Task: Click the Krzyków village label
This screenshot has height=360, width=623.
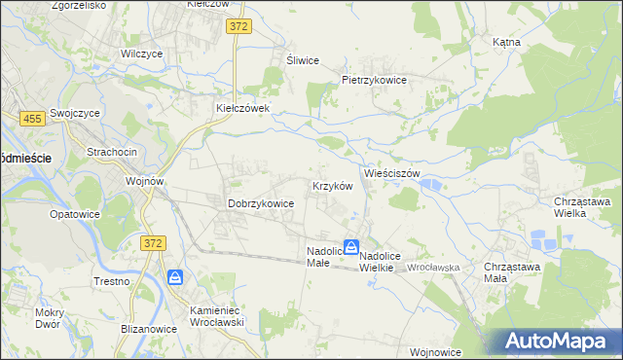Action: click(x=330, y=185)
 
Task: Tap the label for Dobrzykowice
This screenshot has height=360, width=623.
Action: click(x=261, y=204)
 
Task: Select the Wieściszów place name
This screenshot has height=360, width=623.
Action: click(x=391, y=173)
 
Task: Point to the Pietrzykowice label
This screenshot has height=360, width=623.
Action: click(x=373, y=80)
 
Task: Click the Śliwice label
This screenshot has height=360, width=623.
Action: click(x=303, y=60)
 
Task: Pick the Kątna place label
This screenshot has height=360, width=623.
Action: click(x=506, y=43)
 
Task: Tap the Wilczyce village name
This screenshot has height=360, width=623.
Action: click(x=140, y=54)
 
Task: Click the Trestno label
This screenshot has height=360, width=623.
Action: click(x=113, y=281)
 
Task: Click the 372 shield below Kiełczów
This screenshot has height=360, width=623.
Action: click(x=238, y=26)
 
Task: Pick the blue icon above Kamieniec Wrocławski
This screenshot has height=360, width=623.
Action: click(x=175, y=278)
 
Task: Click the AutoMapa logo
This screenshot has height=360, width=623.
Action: click(x=558, y=341)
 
